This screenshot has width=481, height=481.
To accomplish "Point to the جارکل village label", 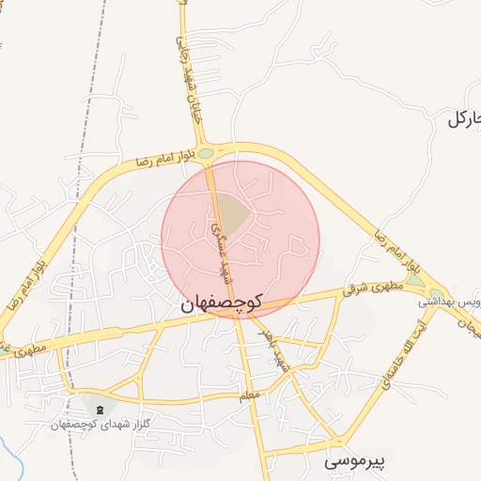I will [x=463, y=118].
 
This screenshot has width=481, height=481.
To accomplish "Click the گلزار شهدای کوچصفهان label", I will [x=101, y=425].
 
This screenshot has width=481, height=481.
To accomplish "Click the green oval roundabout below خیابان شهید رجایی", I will [x=206, y=153].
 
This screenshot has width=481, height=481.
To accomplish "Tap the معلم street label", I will [x=248, y=397].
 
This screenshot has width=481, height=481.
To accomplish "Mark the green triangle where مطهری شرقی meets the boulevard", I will [x=415, y=280].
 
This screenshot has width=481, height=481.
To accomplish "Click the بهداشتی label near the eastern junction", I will [x=438, y=303].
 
